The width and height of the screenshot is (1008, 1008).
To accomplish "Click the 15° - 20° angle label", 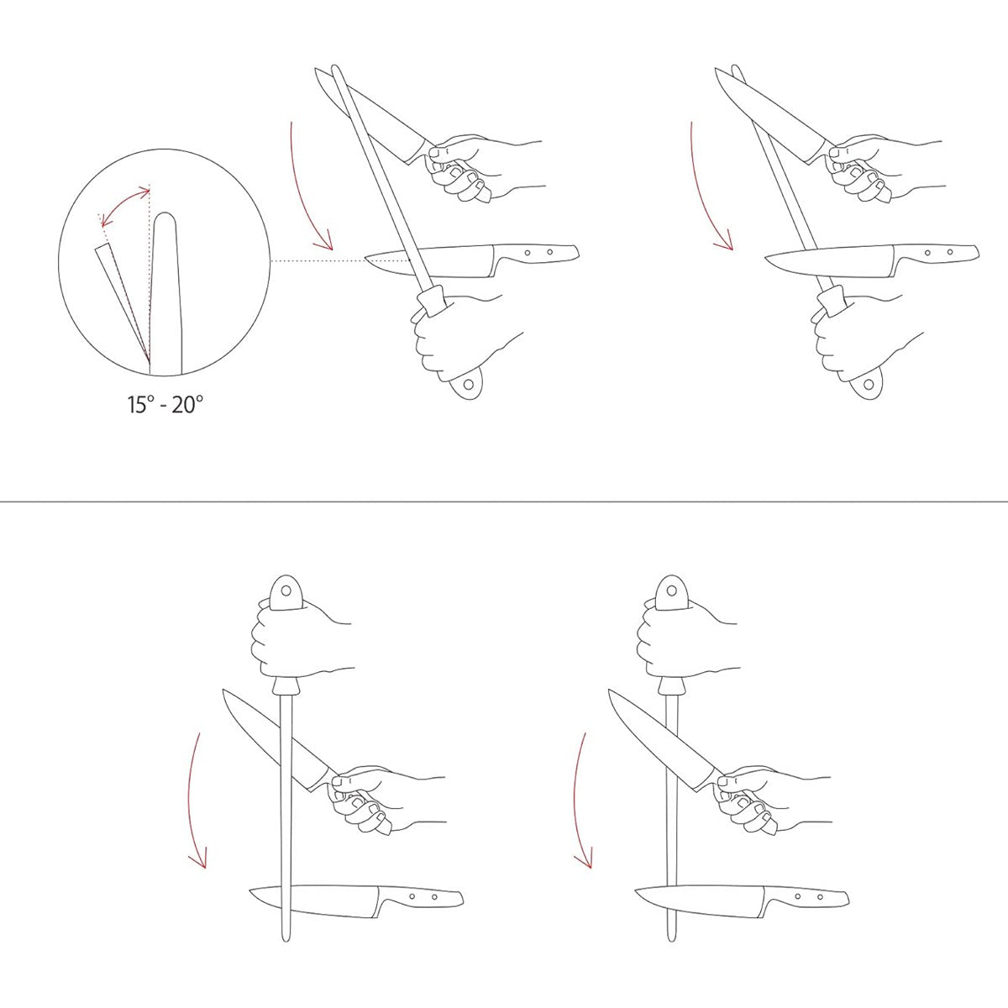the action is (165, 404).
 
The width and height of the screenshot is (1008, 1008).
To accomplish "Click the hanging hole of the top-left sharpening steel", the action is (468, 385).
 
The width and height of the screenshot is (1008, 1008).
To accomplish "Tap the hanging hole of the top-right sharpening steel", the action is (869, 385).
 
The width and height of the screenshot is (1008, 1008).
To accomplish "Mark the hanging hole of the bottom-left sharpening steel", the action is (286, 591).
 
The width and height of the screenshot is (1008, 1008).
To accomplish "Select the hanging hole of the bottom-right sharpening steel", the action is (671, 591).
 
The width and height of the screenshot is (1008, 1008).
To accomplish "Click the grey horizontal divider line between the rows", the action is (504, 501).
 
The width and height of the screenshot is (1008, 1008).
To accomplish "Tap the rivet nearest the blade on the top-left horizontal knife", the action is (528, 253).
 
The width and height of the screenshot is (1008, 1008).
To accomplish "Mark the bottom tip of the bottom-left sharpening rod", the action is (286, 940).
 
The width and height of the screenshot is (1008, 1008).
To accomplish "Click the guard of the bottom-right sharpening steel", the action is (671, 686).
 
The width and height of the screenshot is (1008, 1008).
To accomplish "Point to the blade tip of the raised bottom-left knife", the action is (224, 690).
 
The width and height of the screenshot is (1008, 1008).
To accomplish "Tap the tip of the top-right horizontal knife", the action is (766, 258).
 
